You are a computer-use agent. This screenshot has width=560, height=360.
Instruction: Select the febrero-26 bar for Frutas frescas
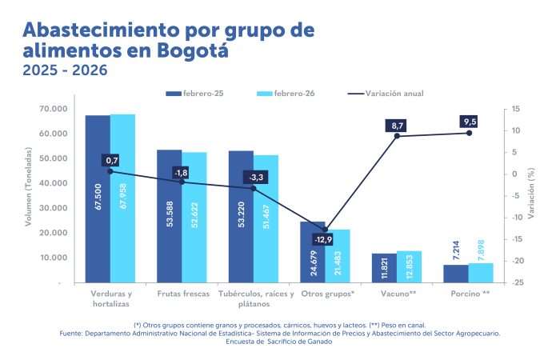(194, 217)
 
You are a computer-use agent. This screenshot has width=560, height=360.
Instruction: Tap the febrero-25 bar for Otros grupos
(313, 252)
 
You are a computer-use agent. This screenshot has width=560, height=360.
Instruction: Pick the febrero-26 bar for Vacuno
(409, 266)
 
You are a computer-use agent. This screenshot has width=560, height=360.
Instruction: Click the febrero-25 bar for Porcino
(456, 274)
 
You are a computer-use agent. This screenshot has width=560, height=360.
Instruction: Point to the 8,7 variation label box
(398, 126)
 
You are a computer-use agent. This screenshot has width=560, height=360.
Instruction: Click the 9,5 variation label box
(470, 122)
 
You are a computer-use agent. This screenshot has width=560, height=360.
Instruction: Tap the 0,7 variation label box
(111, 161)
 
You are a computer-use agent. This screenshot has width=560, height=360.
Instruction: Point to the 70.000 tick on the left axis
(55, 109)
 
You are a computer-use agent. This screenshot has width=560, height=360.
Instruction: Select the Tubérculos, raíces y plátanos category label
(254, 298)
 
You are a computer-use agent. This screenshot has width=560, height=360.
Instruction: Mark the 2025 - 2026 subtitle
(65, 70)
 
